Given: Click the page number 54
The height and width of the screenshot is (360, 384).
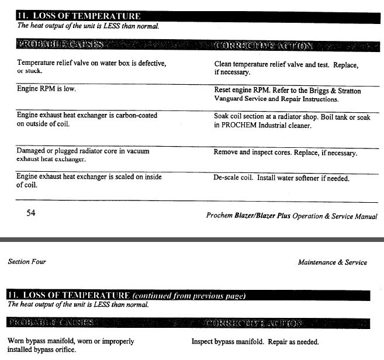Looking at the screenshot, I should tap(31, 213).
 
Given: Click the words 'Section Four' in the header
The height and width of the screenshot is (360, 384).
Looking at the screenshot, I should tap(27, 262).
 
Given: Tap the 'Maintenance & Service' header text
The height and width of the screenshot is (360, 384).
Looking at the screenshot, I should tap(332, 262).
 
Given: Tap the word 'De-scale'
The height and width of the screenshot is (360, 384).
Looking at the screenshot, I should tap(228, 178).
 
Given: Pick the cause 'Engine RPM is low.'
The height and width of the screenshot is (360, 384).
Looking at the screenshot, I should tap(46, 89).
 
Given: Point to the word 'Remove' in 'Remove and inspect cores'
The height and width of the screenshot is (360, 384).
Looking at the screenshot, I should tap(227, 153).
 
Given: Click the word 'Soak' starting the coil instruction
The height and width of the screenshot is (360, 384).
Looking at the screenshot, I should tap(223, 116).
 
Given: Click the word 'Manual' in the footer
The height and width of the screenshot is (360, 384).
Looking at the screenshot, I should tap(365, 216).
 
